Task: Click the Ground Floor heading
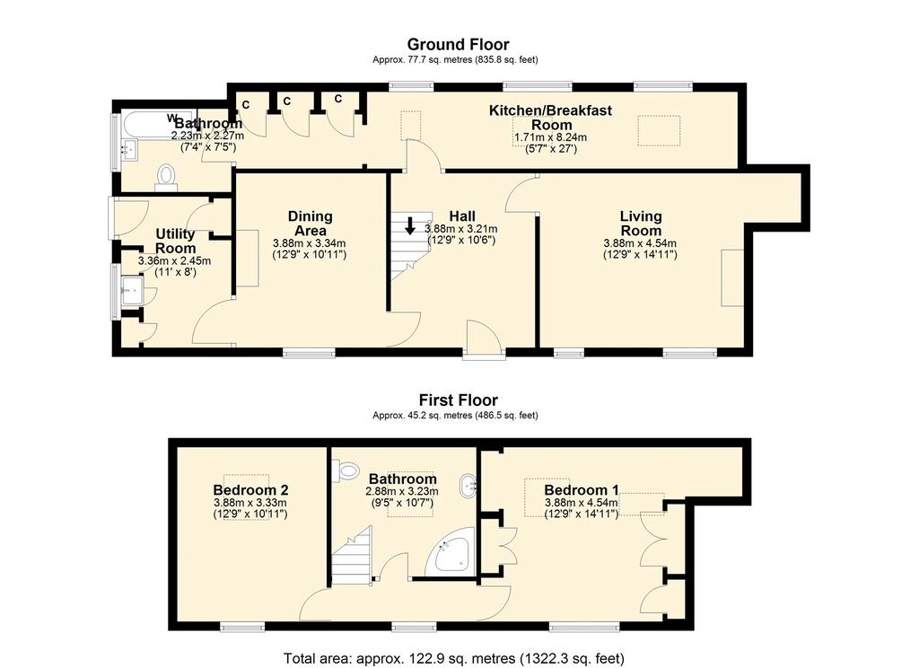click(x=458, y=45)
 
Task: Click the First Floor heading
click(x=459, y=400)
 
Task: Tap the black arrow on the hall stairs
click(x=410, y=225)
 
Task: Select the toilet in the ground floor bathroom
click(x=166, y=178)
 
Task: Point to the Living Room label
click(x=641, y=224)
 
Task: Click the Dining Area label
click(x=310, y=224)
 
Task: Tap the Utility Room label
click(x=175, y=241)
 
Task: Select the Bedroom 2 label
click(x=250, y=489)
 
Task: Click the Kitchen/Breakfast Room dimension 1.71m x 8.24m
click(x=550, y=137)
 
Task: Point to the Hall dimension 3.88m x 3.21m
click(x=460, y=229)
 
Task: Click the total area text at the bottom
click(x=454, y=658)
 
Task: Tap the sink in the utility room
click(x=131, y=290)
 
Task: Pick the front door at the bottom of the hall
click(x=484, y=339)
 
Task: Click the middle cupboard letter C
click(x=286, y=101)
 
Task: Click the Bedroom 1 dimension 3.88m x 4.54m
click(x=582, y=503)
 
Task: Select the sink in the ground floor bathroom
click(x=128, y=150)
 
